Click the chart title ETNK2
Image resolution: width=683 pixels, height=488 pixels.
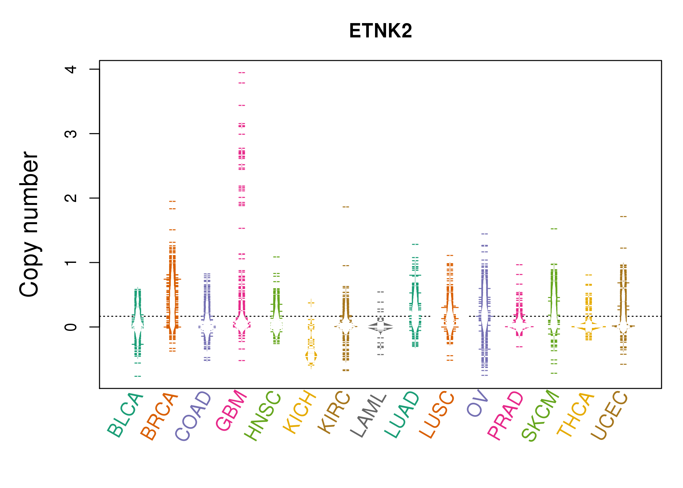(x=380, y=31)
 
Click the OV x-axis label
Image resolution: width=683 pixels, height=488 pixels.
(x=477, y=403)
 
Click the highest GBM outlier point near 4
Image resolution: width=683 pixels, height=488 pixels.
(x=242, y=73)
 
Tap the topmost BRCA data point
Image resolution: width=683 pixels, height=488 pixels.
(x=172, y=201)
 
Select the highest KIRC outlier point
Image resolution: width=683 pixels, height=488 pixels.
(x=346, y=207)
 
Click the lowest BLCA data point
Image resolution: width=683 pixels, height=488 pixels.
(x=138, y=376)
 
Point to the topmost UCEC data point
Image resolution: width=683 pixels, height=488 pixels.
(x=623, y=216)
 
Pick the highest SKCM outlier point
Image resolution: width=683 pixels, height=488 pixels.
(x=554, y=229)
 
